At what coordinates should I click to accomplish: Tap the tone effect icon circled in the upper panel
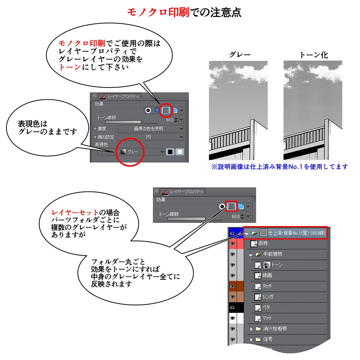[166, 110]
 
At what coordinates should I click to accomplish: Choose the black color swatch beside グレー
[171, 152]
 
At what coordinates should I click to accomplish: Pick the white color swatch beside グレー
[179, 152]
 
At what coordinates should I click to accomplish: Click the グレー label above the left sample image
[240, 55]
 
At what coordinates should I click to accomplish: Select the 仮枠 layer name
[263, 244]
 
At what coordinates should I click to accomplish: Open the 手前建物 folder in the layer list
[272, 254]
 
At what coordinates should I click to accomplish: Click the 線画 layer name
[267, 276]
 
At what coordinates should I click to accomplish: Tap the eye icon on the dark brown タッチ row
[233, 286]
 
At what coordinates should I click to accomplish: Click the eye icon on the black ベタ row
[233, 307]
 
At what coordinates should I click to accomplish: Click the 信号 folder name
[267, 339]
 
